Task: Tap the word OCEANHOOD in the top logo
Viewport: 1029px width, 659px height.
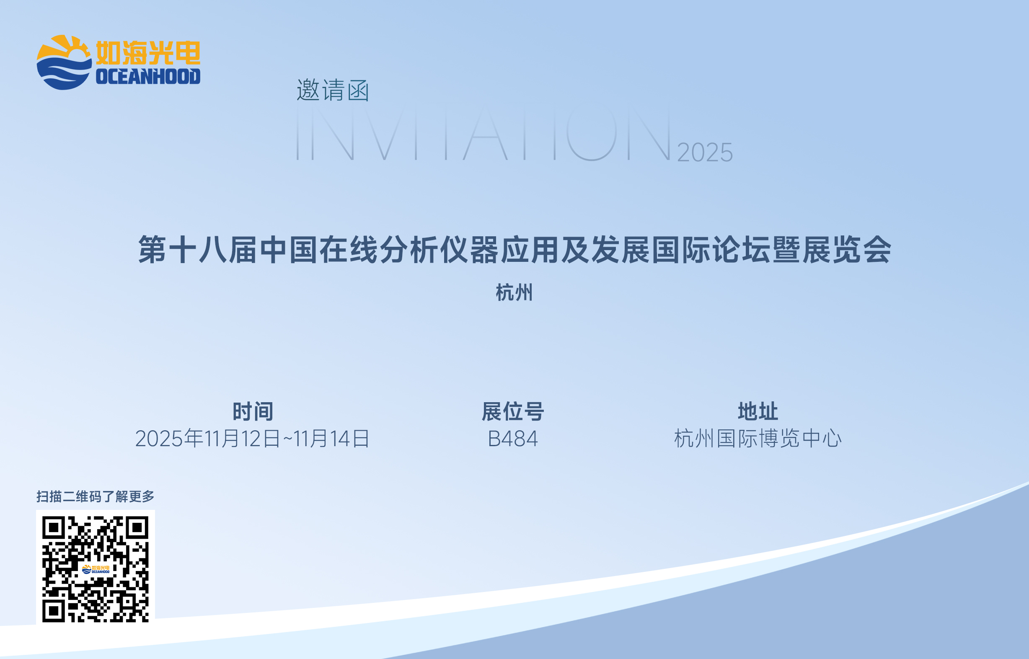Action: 148,77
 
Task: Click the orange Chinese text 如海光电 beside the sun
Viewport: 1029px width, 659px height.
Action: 148,53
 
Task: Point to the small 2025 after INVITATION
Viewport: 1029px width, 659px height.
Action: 705,152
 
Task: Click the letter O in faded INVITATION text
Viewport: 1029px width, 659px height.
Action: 591,132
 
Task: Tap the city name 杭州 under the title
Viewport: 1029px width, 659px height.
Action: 514,293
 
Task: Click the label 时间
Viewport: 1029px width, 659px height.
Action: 253,411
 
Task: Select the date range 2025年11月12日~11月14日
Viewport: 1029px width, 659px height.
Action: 253,439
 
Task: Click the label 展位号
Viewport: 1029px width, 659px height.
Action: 513,411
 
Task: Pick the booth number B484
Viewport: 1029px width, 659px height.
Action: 512,439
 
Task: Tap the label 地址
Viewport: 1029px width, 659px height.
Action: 758,411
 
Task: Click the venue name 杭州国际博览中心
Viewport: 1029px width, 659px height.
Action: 758,439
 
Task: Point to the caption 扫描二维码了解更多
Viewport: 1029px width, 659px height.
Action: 96,496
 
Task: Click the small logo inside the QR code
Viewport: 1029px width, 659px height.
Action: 96,569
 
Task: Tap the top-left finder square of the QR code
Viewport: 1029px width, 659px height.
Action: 54,527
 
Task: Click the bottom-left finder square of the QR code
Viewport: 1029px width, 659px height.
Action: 54,611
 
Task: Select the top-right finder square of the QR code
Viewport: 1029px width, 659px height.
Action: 137,527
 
